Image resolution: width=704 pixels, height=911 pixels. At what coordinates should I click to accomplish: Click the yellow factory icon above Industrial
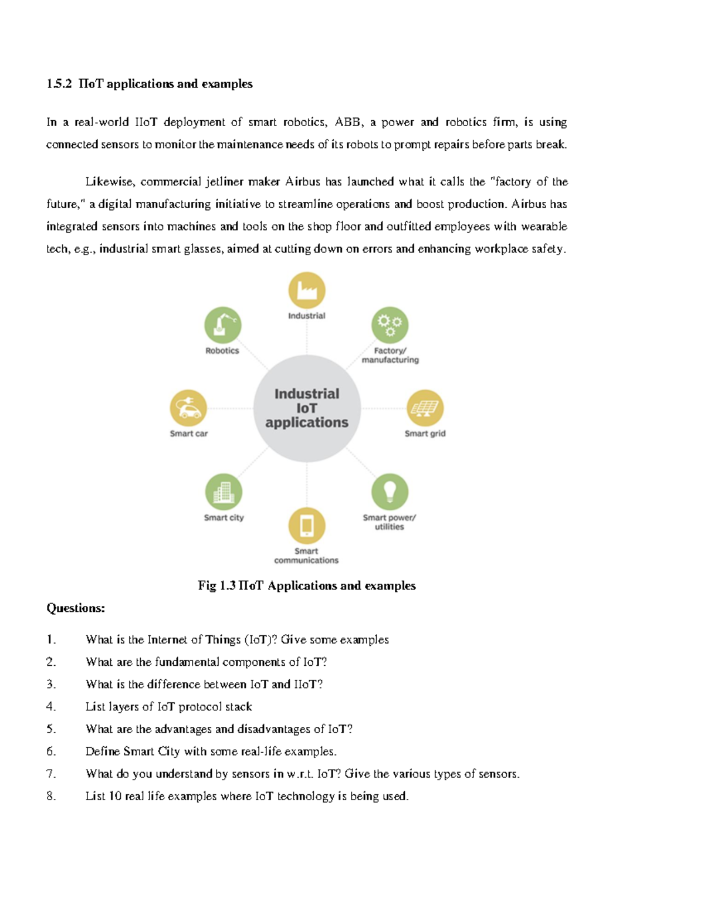[307, 290]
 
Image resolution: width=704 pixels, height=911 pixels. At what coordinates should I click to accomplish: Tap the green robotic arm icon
[222, 324]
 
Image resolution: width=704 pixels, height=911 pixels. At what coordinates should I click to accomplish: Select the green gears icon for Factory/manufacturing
[390, 324]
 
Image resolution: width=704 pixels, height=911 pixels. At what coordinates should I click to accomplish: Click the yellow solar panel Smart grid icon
[425, 408]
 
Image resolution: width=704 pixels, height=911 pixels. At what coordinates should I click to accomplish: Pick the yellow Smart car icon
[188, 408]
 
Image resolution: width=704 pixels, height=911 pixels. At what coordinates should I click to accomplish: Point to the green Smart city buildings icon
[224, 492]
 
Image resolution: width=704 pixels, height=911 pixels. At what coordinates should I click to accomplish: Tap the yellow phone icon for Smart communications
[307, 526]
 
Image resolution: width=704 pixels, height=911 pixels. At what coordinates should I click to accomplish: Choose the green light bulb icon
[390, 492]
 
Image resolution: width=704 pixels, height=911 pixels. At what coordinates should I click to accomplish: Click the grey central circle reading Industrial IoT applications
[307, 408]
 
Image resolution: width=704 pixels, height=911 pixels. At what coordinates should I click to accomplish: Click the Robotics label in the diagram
[222, 351]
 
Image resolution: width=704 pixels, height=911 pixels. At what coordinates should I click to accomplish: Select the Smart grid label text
[425, 434]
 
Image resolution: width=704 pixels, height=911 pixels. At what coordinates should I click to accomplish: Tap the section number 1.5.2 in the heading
[59, 84]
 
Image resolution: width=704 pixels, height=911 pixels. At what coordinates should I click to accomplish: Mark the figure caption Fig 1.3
[216, 585]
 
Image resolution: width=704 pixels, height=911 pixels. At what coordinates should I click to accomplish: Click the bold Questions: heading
[76, 608]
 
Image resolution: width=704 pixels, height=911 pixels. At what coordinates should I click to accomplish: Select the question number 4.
[51, 707]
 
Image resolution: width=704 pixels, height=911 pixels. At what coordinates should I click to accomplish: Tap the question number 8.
[51, 796]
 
